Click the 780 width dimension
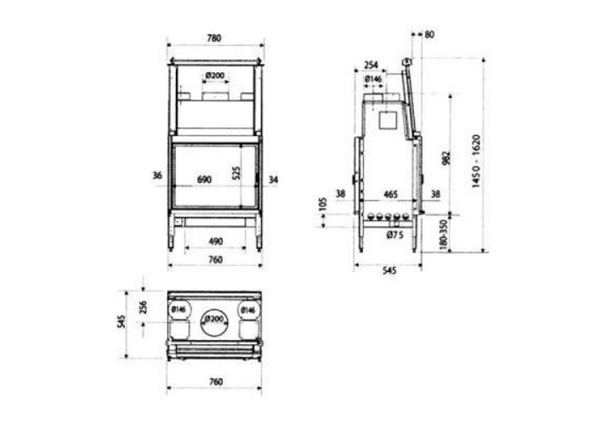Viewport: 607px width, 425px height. click(x=214, y=38)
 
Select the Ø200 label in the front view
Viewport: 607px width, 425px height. click(x=215, y=76)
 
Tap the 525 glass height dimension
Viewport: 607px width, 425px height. click(x=237, y=173)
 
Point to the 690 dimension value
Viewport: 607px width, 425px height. click(x=204, y=179)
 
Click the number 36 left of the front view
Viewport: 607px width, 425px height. click(x=157, y=176)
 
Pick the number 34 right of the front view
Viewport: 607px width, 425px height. click(x=273, y=180)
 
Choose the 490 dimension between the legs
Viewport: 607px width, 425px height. click(x=216, y=241)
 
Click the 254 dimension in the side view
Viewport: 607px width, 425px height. click(x=371, y=65)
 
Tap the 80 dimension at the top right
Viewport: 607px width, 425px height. click(x=429, y=35)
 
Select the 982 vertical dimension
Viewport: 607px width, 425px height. click(x=445, y=157)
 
